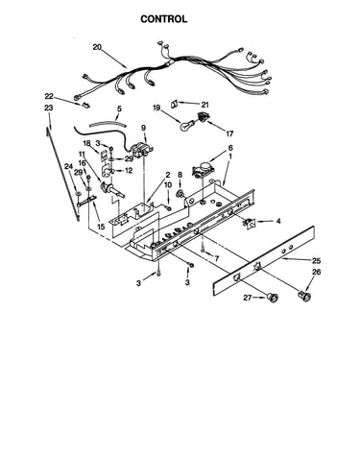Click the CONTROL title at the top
coord(164,19)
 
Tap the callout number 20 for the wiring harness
coord(97,47)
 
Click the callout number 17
coord(229,133)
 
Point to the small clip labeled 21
coord(175,104)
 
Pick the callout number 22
coord(49,96)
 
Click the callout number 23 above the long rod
coord(49,108)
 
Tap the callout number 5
coord(119,108)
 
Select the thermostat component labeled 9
coord(141,150)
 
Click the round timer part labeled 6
coord(203,169)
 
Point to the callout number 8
coord(180,175)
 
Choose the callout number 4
coord(278,221)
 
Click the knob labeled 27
coord(273,298)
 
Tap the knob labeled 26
coord(305,296)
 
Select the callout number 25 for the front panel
coord(316,260)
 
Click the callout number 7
coord(217,258)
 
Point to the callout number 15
coord(101,227)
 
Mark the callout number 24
coord(68,166)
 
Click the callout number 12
coord(129,171)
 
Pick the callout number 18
coord(86,143)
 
